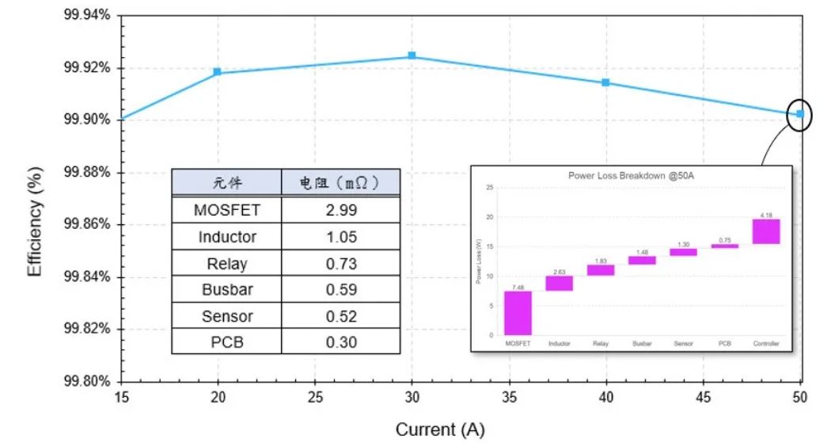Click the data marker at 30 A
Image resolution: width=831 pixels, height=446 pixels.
412,55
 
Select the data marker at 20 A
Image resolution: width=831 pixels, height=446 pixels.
217,71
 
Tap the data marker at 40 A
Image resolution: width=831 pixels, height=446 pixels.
605,82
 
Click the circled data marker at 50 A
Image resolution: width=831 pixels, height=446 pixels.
800,114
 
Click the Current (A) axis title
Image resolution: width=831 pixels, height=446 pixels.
440,429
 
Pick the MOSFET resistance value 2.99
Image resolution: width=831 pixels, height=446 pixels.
341,211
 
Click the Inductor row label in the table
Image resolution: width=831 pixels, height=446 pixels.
227,237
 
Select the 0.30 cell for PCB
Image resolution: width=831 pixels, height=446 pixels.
341,341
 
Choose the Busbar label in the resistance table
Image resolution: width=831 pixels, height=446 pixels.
227,289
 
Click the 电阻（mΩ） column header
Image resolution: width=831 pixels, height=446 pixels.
341,183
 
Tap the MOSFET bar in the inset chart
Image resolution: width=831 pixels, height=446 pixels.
518,313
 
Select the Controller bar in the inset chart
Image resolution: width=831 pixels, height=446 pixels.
766,231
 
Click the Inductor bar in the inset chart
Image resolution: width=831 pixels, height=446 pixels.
560,283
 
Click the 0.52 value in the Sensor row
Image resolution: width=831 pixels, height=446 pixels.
341,316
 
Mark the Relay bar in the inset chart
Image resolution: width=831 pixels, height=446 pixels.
601,270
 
